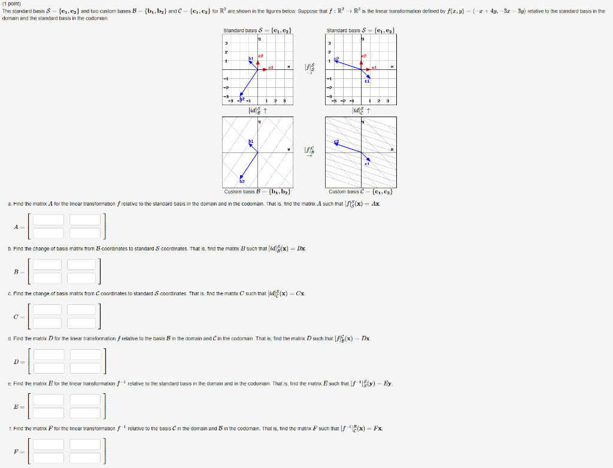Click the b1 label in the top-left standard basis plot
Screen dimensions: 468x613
[x=251, y=58]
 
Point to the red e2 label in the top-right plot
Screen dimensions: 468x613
[x=363, y=56]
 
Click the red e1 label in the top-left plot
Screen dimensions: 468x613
[x=271, y=68]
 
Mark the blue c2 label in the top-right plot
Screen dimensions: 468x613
[x=337, y=58]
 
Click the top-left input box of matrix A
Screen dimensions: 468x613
[x=48, y=220]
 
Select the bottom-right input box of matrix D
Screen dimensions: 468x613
[x=86, y=368]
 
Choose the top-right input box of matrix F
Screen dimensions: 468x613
[x=86, y=444]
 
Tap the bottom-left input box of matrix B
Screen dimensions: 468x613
[x=47, y=278]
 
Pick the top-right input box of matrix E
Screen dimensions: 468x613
[x=86, y=400]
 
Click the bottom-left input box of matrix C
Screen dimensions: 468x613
[x=47, y=323]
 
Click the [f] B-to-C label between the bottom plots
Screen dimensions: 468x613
[x=309, y=151]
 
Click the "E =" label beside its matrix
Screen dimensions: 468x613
[x=19, y=406]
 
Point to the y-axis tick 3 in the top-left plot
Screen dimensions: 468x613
[x=226, y=43]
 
